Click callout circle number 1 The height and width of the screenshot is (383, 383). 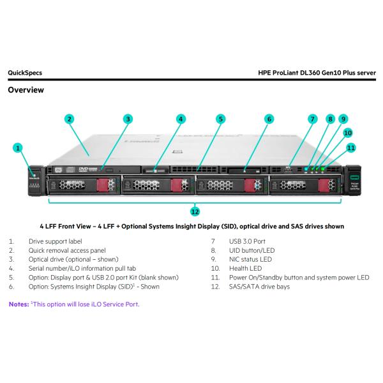(19, 147)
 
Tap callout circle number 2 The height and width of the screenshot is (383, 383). (69, 119)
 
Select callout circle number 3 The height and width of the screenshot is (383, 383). (128, 119)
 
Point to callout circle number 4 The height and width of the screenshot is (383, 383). (181, 119)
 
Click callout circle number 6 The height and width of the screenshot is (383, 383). (269, 119)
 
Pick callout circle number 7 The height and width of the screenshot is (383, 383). (312, 119)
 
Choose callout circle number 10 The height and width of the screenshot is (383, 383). (349, 133)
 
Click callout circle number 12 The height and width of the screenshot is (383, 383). (195, 211)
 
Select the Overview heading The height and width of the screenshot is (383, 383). (26, 90)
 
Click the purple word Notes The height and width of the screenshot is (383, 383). (18, 304)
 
